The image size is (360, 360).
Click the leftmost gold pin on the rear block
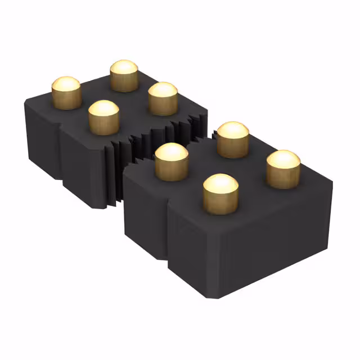[66, 93]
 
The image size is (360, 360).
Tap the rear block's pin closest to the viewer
[104, 117]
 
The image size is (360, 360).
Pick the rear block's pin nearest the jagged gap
[163, 99]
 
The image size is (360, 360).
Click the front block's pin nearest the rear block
[171, 162]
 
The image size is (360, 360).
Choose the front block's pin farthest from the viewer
[233, 139]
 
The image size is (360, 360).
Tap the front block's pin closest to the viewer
[220, 193]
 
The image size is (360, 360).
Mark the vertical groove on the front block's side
[168, 236]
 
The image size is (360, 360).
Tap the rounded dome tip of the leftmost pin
[66, 84]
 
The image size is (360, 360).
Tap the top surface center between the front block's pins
[225, 169]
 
